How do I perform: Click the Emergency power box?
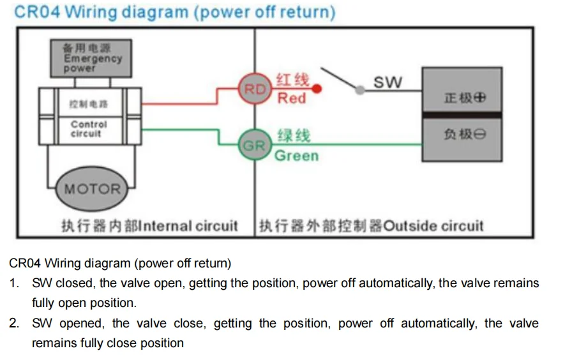(91, 58)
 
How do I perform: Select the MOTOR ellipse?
(92, 188)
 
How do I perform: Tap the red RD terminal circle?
(255, 89)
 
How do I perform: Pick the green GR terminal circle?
(255, 145)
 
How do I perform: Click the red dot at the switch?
(317, 89)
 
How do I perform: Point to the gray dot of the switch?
(359, 90)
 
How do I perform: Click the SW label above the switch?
(388, 82)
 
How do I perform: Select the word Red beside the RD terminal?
(292, 98)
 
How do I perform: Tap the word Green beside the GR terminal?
(297, 156)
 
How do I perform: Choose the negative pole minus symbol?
(480, 135)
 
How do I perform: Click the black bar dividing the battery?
(462, 116)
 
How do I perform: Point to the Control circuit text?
(89, 129)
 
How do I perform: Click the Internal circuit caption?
(188, 226)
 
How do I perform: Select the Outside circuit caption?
(433, 226)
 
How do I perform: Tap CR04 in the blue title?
(37, 11)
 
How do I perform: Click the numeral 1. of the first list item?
(14, 283)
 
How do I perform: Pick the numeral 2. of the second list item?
(14, 323)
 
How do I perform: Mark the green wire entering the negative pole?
(347, 145)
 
